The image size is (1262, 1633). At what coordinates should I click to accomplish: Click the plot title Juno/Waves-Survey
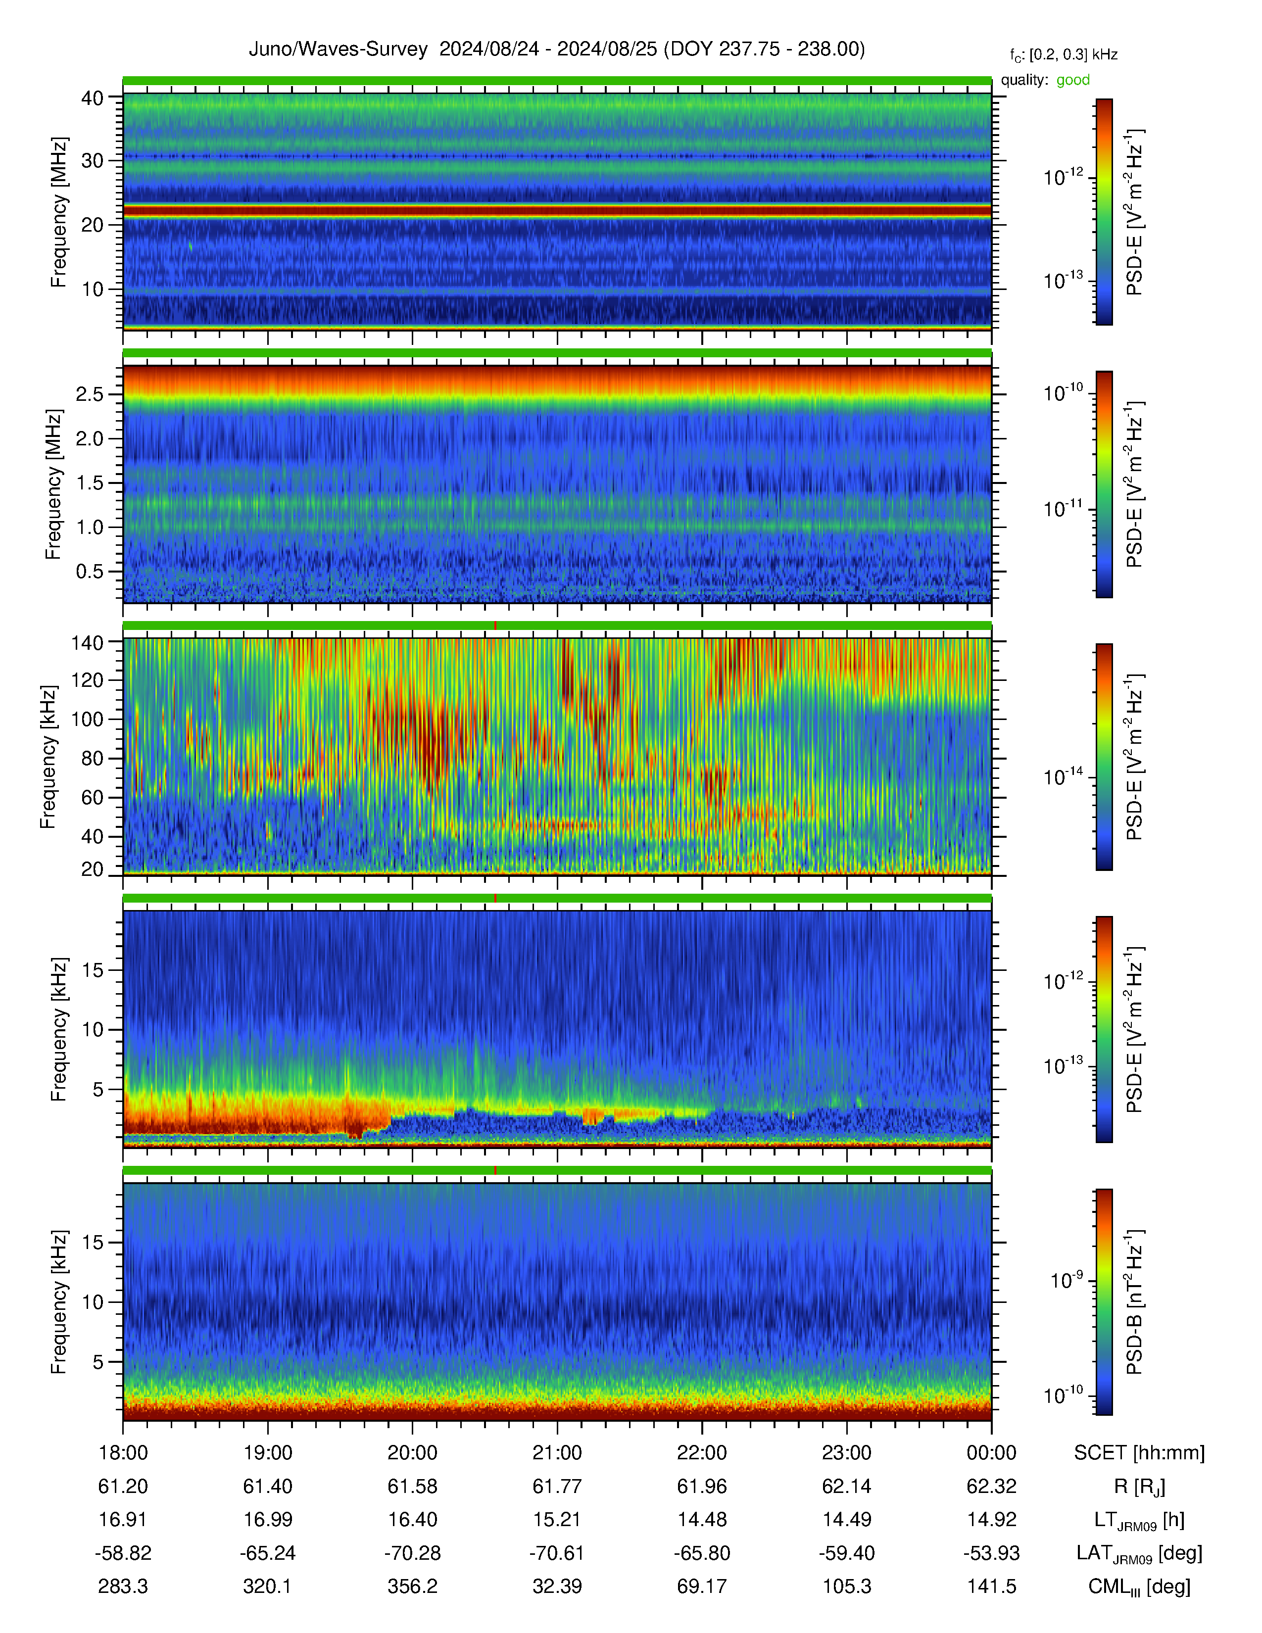338,49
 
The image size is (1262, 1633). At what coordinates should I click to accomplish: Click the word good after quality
1073,80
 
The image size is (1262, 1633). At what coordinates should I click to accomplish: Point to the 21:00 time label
557,1453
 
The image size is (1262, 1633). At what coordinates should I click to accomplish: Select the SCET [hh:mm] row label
1139,1453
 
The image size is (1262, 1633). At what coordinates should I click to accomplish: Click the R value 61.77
557,1487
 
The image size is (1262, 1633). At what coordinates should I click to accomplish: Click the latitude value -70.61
557,1553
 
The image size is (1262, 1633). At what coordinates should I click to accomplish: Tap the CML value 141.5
991,1586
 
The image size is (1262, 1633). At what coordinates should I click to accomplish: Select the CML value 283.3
123,1586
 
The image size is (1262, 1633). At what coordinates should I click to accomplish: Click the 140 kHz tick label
87,641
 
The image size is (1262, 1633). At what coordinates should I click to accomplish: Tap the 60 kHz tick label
92,797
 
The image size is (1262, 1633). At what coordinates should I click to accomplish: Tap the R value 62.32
991,1487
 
